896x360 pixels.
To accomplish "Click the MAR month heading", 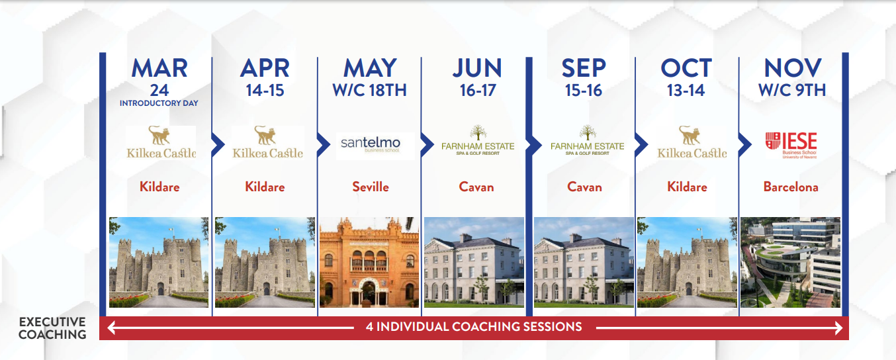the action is (x=159, y=68).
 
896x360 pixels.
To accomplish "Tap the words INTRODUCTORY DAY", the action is (x=159, y=103).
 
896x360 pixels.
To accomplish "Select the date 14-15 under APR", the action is (x=265, y=91).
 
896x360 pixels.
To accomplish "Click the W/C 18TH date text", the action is (x=370, y=91).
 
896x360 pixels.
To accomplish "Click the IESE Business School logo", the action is (x=791, y=145).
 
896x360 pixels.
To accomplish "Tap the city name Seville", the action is (x=371, y=187).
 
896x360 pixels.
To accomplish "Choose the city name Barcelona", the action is (x=791, y=187).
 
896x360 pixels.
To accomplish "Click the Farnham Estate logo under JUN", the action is (x=478, y=140).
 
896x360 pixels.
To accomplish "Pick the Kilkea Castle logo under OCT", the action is (x=692, y=142).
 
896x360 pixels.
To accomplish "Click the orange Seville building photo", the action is (x=369, y=263).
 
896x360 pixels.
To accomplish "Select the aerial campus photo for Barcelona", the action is (x=790, y=263).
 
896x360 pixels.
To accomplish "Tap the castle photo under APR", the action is (x=265, y=263).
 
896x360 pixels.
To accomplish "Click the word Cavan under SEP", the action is (x=584, y=187).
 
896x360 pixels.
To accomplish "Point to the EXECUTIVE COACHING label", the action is (x=52, y=328).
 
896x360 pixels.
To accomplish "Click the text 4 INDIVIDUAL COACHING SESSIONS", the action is (x=474, y=327).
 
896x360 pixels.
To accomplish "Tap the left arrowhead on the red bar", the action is (x=112, y=328).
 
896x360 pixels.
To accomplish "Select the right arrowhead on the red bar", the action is (x=839, y=328).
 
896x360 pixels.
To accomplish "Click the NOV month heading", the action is (x=792, y=68).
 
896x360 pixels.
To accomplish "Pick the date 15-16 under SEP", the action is (x=584, y=91).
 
